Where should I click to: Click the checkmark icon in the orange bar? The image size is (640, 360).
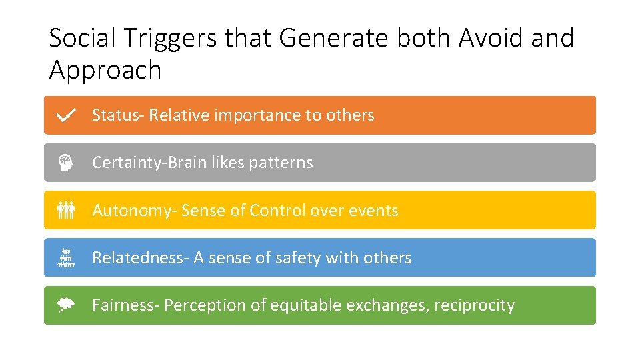(66, 115)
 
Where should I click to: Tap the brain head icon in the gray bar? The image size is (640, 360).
(66, 163)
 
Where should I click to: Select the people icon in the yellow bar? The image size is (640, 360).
(66, 211)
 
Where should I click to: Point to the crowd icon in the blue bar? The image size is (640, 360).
(66, 258)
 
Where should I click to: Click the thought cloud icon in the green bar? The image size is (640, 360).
(66, 305)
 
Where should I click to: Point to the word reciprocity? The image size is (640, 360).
(474, 305)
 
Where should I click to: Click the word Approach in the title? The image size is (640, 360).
(105, 69)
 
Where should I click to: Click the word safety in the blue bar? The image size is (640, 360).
(297, 258)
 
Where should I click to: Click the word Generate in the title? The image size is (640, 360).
(333, 39)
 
